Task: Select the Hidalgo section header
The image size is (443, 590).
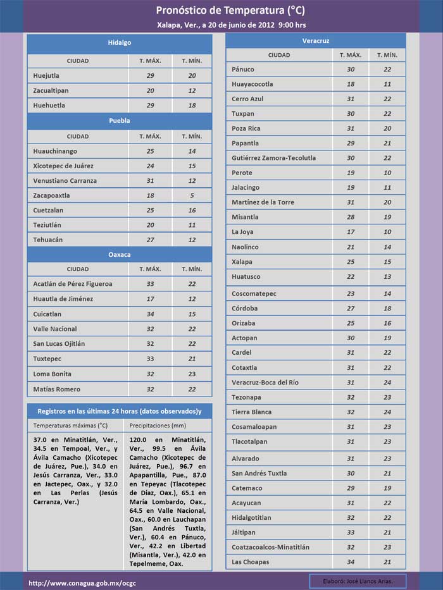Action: click(119, 42)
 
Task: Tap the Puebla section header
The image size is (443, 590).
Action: click(119, 120)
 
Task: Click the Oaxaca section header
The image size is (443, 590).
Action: click(119, 254)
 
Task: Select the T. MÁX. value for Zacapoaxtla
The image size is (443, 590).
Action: click(150, 195)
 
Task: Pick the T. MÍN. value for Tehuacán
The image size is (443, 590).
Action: click(192, 240)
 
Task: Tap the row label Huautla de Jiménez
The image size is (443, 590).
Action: click(63, 299)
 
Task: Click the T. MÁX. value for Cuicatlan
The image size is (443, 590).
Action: click(150, 314)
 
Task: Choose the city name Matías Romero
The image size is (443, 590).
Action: click(57, 389)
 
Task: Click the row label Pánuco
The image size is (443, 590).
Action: click(243, 70)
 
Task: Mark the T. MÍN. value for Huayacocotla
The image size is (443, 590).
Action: click(387, 84)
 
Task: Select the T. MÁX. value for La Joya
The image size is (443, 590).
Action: click(350, 232)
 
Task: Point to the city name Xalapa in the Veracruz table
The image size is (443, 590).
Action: click(242, 262)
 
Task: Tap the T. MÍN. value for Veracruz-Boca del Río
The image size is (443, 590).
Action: click(387, 383)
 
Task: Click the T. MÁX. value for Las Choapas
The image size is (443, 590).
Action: click(350, 562)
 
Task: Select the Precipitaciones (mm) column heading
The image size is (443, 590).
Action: click(158, 426)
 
